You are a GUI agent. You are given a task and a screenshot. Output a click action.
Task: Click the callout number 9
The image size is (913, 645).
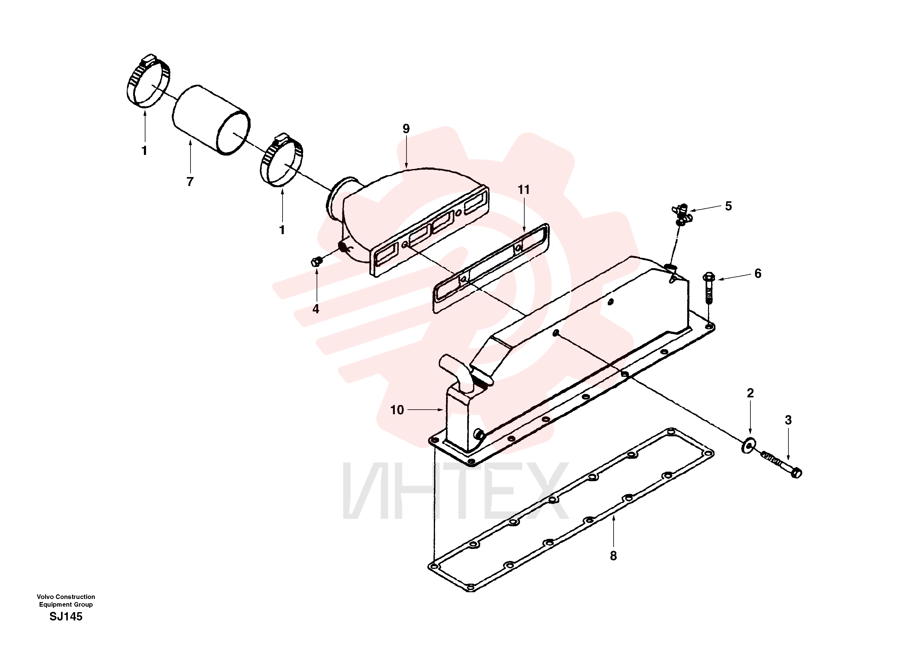click(406, 129)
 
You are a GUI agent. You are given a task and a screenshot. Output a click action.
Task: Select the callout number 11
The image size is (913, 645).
click(524, 190)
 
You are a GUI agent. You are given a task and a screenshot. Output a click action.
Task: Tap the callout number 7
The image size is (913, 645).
click(190, 182)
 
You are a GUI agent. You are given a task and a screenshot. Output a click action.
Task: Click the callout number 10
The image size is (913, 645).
click(397, 410)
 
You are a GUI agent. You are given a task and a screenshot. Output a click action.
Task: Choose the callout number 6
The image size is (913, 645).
click(758, 274)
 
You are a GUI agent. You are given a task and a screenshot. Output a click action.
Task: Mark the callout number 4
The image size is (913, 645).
click(316, 309)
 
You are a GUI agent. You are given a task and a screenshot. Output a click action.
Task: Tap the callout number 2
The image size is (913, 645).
click(750, 393)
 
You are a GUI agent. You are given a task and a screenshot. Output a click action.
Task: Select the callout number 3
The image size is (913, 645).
click(788, 420)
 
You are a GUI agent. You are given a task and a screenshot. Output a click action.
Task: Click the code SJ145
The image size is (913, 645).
click(66, 616)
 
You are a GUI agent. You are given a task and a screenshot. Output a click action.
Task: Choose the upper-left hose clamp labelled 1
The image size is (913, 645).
click(148, 81)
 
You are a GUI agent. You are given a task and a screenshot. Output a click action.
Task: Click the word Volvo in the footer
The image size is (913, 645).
click(45, 597)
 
